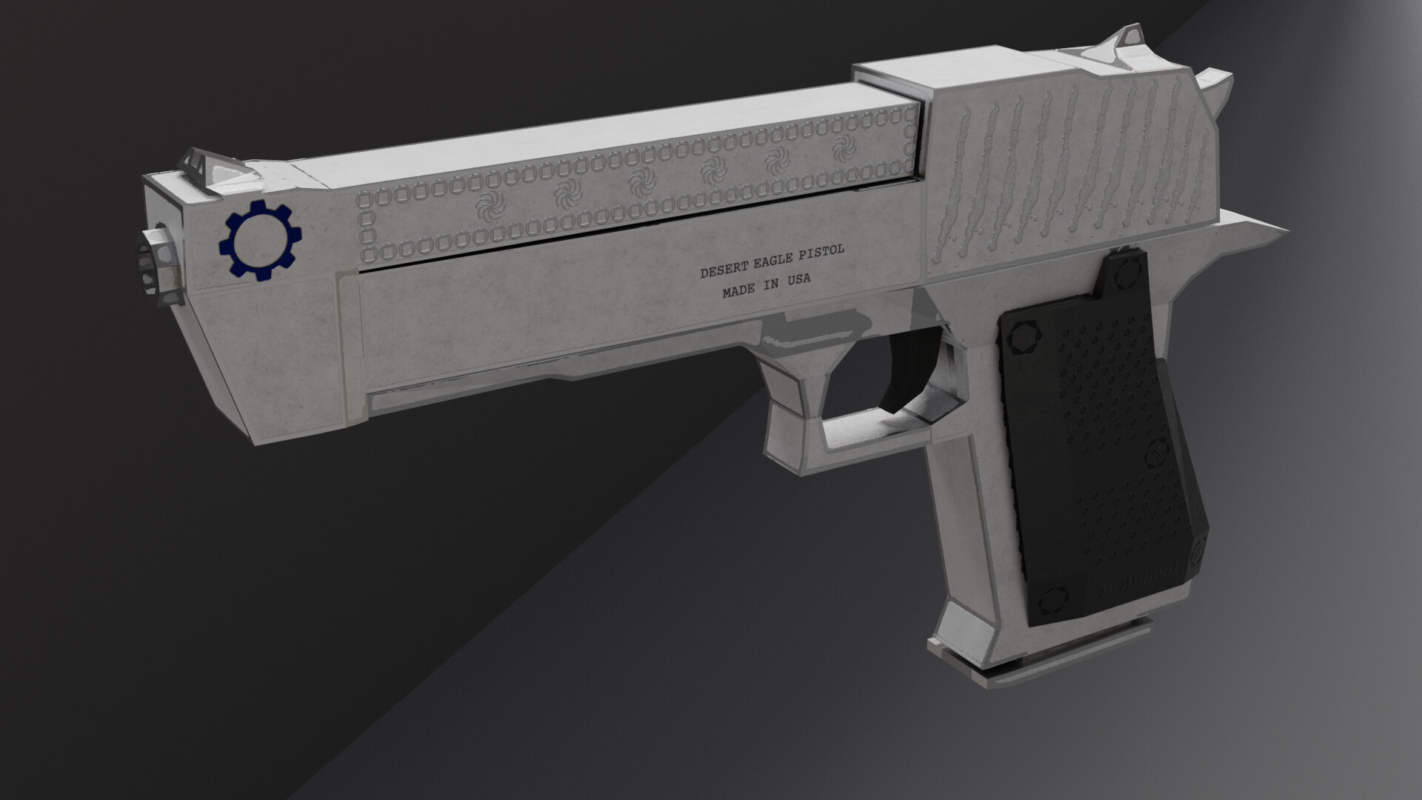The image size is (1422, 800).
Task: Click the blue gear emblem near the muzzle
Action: pyautogui.click(x=260, y=240)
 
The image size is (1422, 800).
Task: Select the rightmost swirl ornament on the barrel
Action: pyautogui.click(x=841, y=149)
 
